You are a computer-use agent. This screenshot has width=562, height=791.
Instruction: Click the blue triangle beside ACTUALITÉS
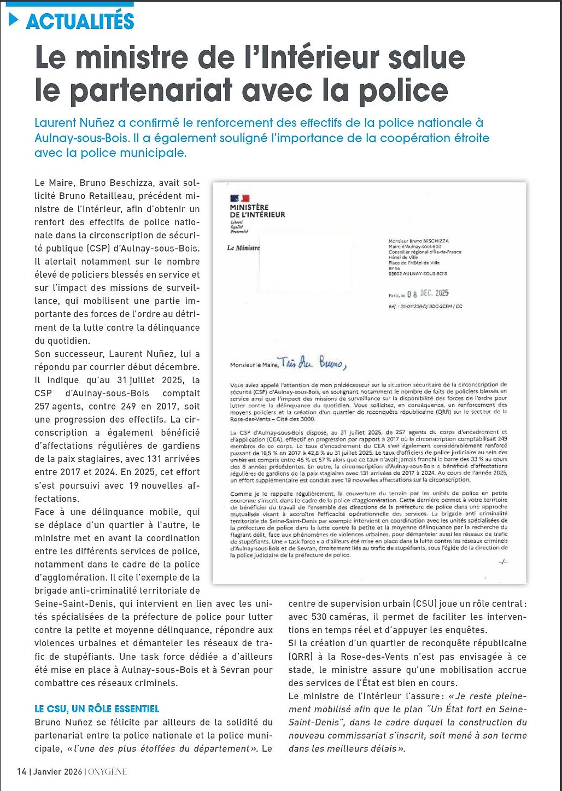(x=14, y=20)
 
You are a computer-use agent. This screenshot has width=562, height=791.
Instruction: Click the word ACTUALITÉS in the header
(x=80, y=21)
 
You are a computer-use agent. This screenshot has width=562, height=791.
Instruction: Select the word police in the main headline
(x=403, y=91)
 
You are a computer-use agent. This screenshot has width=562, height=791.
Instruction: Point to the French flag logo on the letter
(x=239, y=198)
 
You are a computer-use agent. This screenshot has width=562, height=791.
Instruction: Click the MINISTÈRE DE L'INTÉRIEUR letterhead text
(x=257, y=210)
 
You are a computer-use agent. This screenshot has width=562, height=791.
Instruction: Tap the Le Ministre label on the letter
(x=243, y=248)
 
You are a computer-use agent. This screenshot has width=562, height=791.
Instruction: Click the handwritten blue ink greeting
(x=312, y=363)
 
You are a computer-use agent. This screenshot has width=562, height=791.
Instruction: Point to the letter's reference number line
(x=425, y=306)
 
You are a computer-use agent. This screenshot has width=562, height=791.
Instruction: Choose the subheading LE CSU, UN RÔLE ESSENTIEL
(x=97, y=709)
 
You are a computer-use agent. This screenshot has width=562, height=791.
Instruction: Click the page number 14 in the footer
(x=21, y=771)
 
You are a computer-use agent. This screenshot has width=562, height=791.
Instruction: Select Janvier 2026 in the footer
(x=57, y=772)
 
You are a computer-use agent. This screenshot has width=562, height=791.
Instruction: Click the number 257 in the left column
(x=42, y=406)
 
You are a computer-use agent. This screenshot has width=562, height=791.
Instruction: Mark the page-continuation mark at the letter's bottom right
(x=503, y=563)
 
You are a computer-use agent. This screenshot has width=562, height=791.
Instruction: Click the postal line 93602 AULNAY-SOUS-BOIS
(x=417, y=273)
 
